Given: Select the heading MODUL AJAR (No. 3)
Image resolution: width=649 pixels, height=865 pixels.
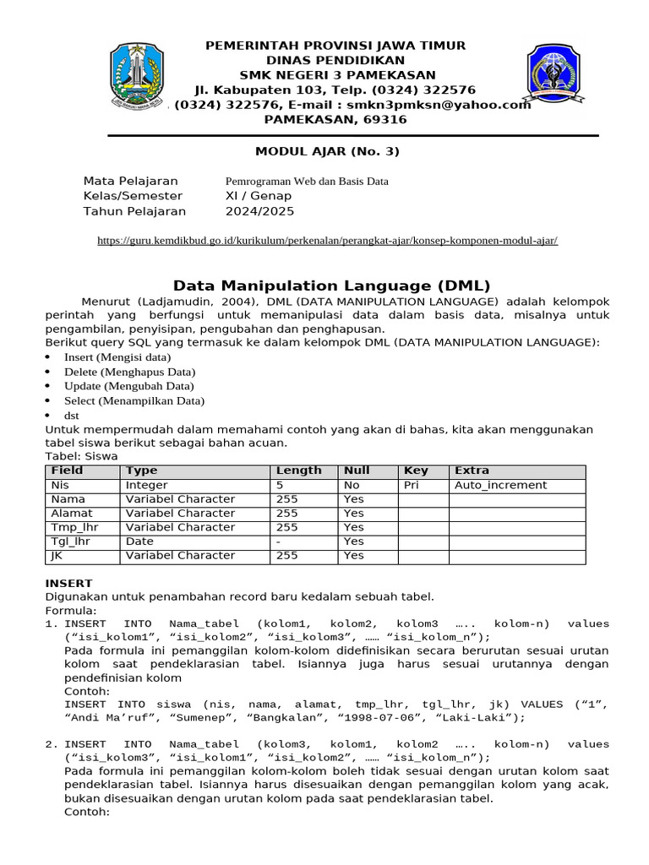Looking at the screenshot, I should pyautogui.click(x=327, y=152).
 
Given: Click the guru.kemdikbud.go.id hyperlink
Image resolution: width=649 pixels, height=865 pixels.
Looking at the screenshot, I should pyautogui.click(x=327, y=241).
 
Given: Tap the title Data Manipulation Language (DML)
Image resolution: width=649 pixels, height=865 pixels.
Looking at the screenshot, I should pyautogui.click(x=331, y=286).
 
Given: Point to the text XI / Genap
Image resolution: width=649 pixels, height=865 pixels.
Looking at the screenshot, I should pyautogui.click(x=258, y=196).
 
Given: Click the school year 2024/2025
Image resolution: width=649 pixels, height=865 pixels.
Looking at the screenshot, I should pyautogui.click(x=259, y=211).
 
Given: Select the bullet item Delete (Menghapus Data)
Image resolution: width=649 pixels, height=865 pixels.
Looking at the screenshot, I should pyautogui.click(x=129, y=372).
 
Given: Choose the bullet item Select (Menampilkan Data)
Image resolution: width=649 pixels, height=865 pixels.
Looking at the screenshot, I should pyautogui.click(x=134, y=401).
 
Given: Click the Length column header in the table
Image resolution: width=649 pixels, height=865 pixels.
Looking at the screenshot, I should pyautogui.click(x=298, y=471).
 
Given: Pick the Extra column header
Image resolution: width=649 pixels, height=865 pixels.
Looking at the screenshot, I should pyautogui.click(x=472, y=471).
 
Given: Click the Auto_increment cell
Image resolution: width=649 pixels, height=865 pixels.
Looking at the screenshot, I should pyautogui.click(x=500, y=486).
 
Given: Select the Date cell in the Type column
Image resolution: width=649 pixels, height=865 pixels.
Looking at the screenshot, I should pyautogui.click(x=139, y=541).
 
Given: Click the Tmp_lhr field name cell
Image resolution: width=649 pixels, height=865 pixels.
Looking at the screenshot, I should pyautogui.click(x=71, y=527).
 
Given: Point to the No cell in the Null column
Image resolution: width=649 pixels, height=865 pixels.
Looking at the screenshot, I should pyautogui.click(x=352, y=486).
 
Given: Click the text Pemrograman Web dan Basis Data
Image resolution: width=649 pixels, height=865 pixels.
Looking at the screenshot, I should pyautogui.click(x=307, y=181).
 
